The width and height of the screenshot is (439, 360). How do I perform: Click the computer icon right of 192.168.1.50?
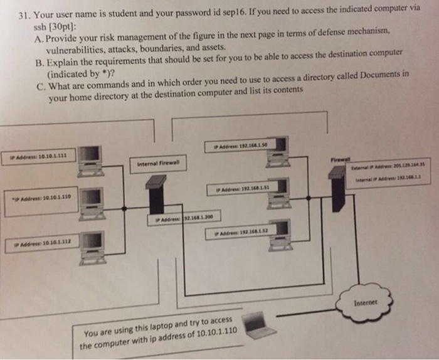pyautogui.click(x=278, y=151)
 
